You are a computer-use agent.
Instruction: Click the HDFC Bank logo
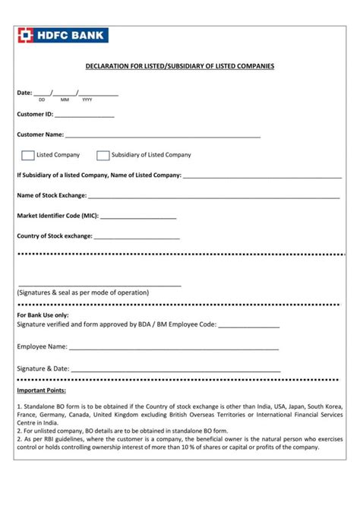click(x=63, y=35)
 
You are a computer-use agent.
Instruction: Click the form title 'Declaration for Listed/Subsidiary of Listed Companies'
click(x=179, y=67)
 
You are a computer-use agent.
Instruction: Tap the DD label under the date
click(x=42, y=100)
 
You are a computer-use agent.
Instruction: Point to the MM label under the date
click(x=65, y=100)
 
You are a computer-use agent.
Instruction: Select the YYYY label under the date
click(x=87, y=100)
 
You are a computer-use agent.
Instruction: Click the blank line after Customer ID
click(x=84, y=116)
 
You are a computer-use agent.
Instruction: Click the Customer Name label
click(x=40, y=135)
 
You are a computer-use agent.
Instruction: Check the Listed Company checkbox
click(x=28, y=155)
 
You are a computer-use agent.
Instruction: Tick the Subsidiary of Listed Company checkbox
click(x=103, y=155)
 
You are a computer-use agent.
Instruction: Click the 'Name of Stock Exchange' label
click(x=52, y=195)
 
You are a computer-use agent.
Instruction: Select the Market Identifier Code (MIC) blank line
click(x=138, y=217)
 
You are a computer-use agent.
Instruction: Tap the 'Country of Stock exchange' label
click(x=55, y=236)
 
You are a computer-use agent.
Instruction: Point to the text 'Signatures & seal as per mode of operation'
click(x=83, y=292)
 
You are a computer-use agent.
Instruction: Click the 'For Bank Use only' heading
click(x=43, y=315)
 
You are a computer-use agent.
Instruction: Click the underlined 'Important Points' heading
click(x=41, y=390)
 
